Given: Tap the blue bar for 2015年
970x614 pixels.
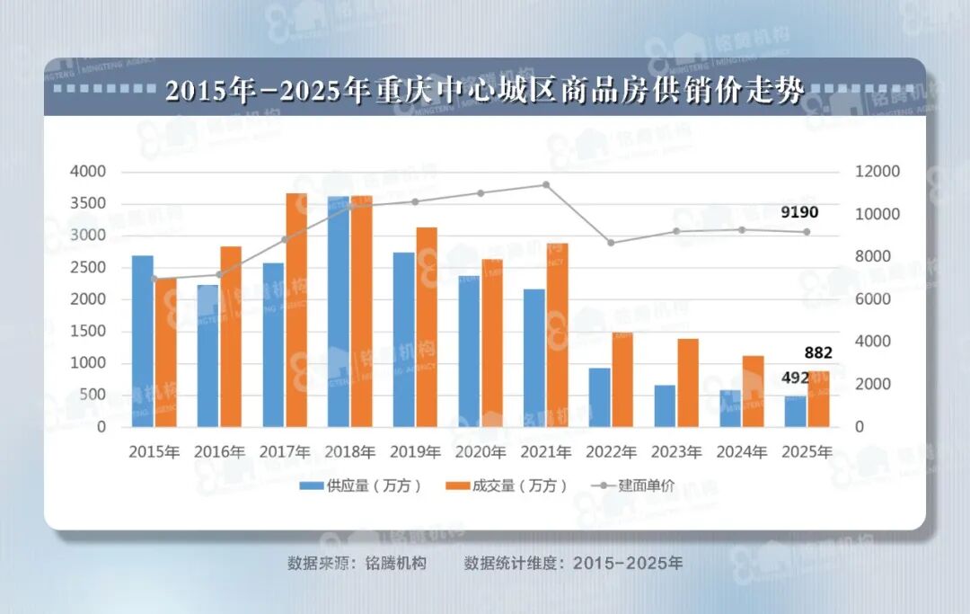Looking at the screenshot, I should [x=143, y=341].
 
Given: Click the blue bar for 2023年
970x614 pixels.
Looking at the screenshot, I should [x=665, y=405].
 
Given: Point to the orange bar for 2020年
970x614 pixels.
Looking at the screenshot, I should [x=492, y=343].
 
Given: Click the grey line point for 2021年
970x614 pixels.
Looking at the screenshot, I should [x=546, y=185].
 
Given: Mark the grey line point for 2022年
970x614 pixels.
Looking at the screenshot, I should [x=611, y=243].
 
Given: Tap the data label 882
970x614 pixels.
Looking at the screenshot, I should [x=818, y=352].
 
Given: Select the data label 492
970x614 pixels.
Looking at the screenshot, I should [x=795, y=378].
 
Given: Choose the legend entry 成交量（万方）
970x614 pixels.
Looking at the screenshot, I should [x=507, y=485].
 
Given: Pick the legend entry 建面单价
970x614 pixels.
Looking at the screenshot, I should [x=633, y=485].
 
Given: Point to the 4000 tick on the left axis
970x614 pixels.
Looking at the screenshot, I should [x=88, y=172].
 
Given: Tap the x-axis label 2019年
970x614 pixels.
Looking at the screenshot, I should [x=416, y=451].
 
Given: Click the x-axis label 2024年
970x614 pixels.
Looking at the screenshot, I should [x=741, y=451].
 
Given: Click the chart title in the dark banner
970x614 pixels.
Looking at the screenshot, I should [x=484, y=92].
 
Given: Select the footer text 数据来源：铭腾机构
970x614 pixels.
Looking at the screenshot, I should [x=357, y=564].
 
